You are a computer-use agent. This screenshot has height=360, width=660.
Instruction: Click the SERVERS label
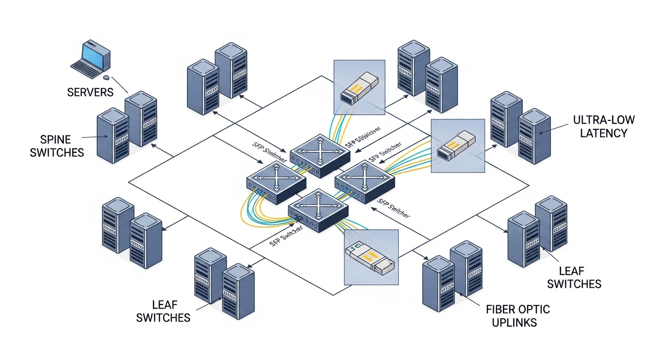[x=90, y=92]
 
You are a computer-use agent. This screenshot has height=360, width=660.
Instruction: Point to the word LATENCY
[x=603, y=133]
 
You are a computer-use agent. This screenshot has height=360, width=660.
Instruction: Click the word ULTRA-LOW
[x=603, y=120]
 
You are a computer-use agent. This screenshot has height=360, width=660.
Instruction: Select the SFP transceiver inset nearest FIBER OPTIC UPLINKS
[x=370, y=257]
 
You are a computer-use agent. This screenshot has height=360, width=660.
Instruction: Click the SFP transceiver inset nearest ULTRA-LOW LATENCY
[x=457, y=145]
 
